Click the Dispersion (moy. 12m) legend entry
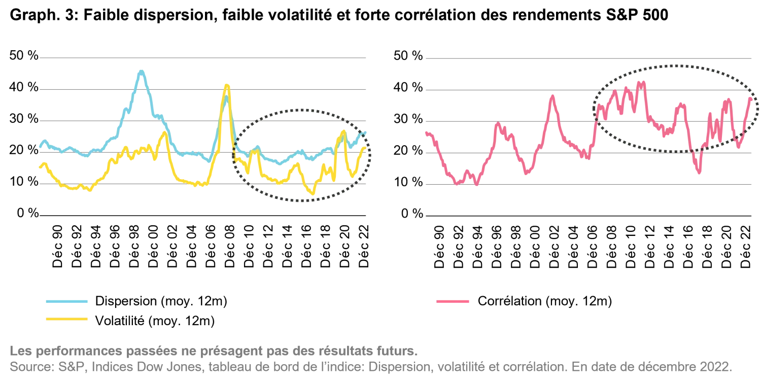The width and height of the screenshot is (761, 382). pyautogui.click(x=136, y=301)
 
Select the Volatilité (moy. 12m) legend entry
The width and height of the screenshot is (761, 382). pyautogui.click(x=130, y=321)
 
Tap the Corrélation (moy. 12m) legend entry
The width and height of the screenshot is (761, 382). pyautogui.click(x=524, y=301)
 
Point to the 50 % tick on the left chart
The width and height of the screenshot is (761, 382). pyautogui.click(x=24, y=55)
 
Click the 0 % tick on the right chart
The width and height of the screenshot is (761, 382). pyautogui.click(x=412, y=214)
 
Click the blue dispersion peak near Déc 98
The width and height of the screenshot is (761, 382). pyautogui.click(x=141, y=72)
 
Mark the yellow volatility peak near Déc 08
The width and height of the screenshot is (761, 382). pyautogui.click(x=227, y=85)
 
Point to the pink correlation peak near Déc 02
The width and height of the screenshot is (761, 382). pyautogui.click(x=552, y=96)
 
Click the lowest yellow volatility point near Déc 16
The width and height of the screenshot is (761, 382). pyautogui.click(x=313, y=194)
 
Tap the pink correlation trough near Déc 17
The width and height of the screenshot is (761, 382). pyautogui.click(x=699, y=172)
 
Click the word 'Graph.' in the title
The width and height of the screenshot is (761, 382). pyautogui.click(x=35, y=15)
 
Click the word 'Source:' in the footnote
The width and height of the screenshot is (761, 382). pyautogui.click(x=32, y=367)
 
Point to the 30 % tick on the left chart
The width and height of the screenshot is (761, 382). pyautogui.click(x=24, y=119)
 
